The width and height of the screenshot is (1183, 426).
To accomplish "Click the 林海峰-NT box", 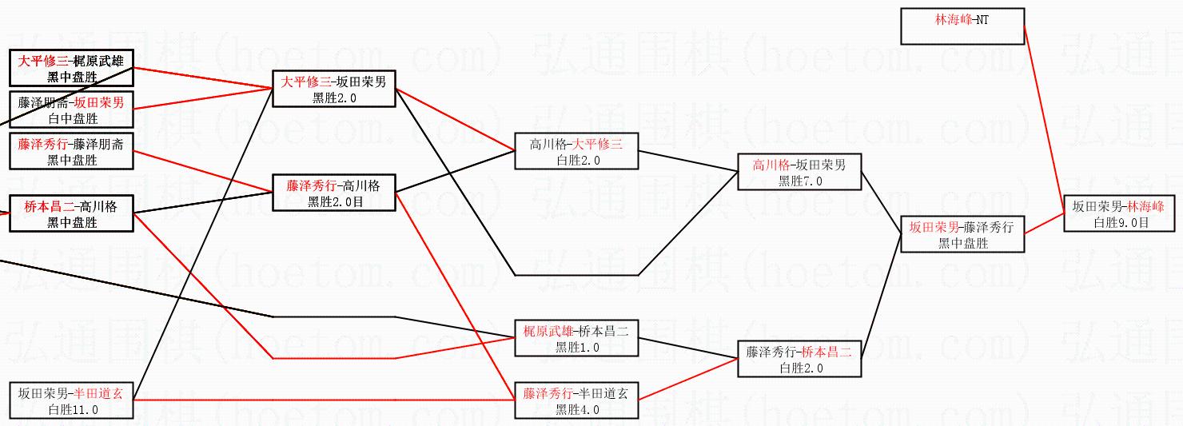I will pos(962,26).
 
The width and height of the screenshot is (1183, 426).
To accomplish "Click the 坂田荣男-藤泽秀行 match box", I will pos(962,233).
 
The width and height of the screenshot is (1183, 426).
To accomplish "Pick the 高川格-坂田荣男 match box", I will pos(799,171).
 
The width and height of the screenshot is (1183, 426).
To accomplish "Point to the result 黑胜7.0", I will pos(799,181).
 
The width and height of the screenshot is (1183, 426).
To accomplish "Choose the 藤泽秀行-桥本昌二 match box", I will pos(799,358).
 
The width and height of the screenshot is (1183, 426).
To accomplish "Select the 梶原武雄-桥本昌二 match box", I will pos(576,336).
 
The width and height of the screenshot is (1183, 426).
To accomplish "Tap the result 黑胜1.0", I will pos(576,348).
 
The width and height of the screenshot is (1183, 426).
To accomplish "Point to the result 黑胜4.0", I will pos(576,410).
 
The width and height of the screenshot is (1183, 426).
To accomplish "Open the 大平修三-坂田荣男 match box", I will pos(334,88).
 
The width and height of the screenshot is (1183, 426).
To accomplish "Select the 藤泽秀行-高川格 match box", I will pos(334,192).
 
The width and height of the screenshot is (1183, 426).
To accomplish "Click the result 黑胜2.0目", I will pos(334,202).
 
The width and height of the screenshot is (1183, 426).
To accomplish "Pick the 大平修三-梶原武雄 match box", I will pos(71,67).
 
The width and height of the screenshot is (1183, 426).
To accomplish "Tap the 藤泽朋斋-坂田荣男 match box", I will pos(71,109).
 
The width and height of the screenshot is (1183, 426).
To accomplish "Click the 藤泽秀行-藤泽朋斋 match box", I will pos(71,151).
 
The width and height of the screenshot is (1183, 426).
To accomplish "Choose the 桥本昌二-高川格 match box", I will pos(71,213).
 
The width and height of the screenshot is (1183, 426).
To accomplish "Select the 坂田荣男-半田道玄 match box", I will pos(71,400).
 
